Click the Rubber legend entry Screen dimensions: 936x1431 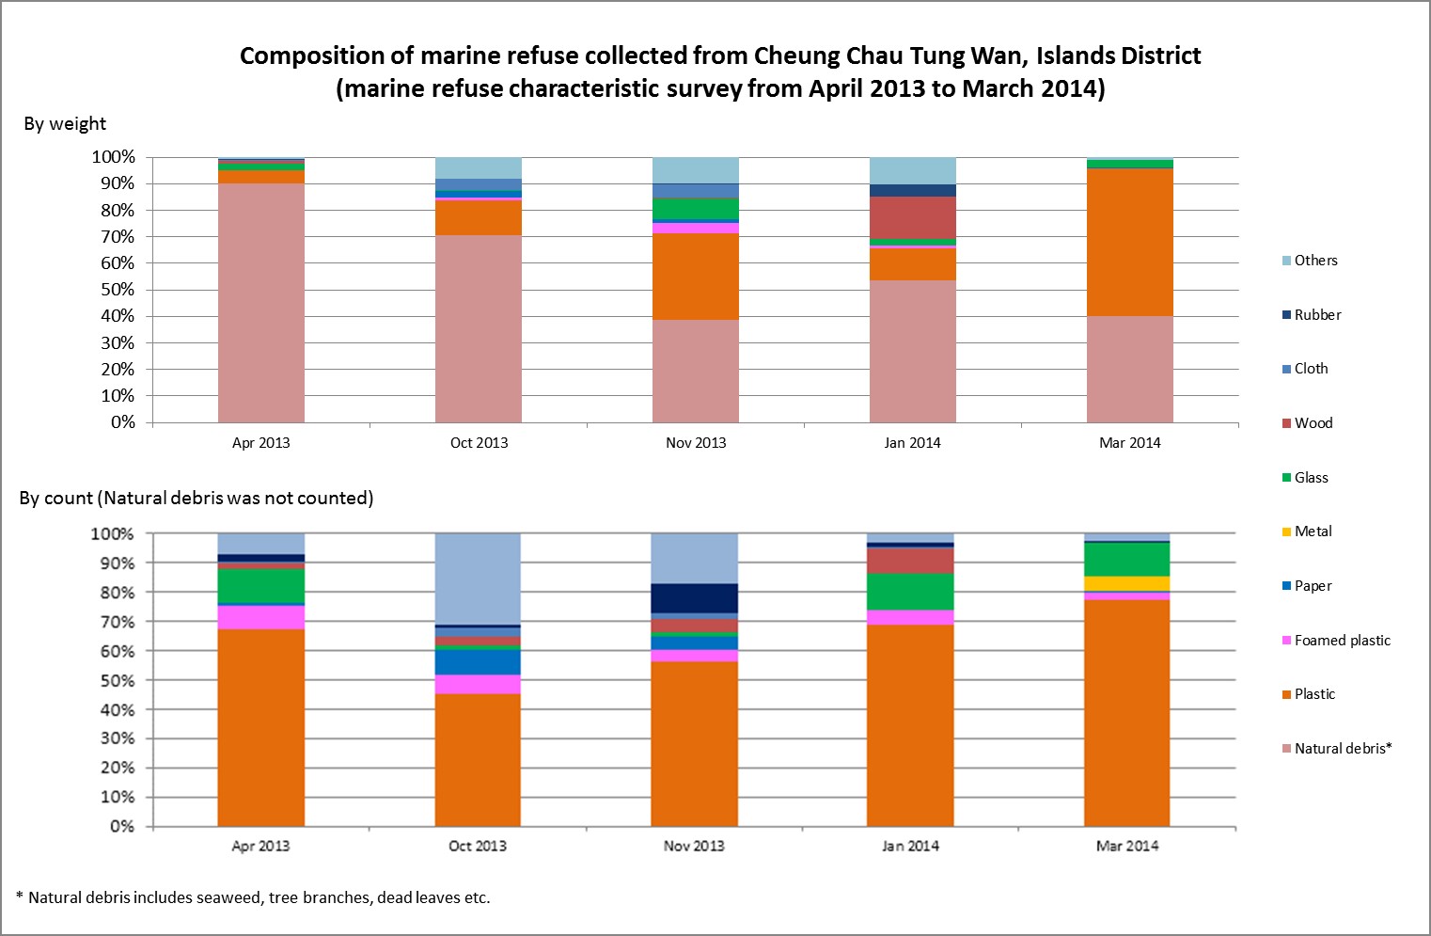pos(1316,315)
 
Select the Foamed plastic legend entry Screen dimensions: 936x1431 pos(1341,641)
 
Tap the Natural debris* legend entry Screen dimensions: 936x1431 pos(1342,749)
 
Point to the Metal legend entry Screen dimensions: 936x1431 pos(1312,531)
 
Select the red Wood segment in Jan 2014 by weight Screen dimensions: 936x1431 pos(912,217)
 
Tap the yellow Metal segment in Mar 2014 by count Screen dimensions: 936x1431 pos(1126,583)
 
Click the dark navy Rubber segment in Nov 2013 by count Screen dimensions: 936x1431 pos(694,598)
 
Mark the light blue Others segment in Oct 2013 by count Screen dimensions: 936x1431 pos(478,579)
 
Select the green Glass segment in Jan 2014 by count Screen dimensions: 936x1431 pos(910,592)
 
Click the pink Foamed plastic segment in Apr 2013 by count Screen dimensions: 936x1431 pos(260,617)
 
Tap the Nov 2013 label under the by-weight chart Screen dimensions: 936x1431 pos(696,443)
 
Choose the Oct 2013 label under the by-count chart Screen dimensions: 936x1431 pos(478,846)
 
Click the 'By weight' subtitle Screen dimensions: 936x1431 pos(65,124)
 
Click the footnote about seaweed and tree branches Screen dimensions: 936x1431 pos(254,897)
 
